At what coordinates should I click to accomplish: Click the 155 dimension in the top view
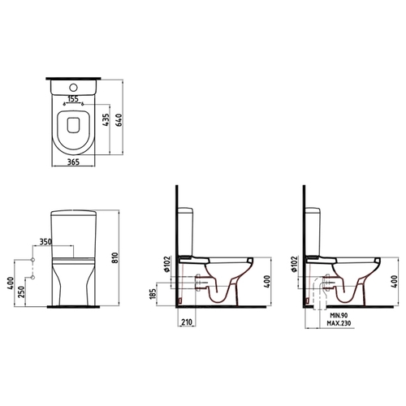click(x=73, y=99)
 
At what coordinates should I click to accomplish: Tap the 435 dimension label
click(x=106, y=119)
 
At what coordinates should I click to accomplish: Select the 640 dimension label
click(x=119, y=119)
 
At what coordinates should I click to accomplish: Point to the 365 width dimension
click(x=73, y=162)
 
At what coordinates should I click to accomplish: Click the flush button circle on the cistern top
click(x=73, y=88)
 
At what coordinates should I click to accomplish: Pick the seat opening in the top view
click(x=73, y=125)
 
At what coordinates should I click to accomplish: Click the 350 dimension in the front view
click(x=45, y=242)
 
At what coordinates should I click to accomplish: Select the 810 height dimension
click(x=115, y=258)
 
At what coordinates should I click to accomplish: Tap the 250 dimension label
click(x=22, y=292)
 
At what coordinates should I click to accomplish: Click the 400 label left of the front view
click(x=10, y=283)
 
